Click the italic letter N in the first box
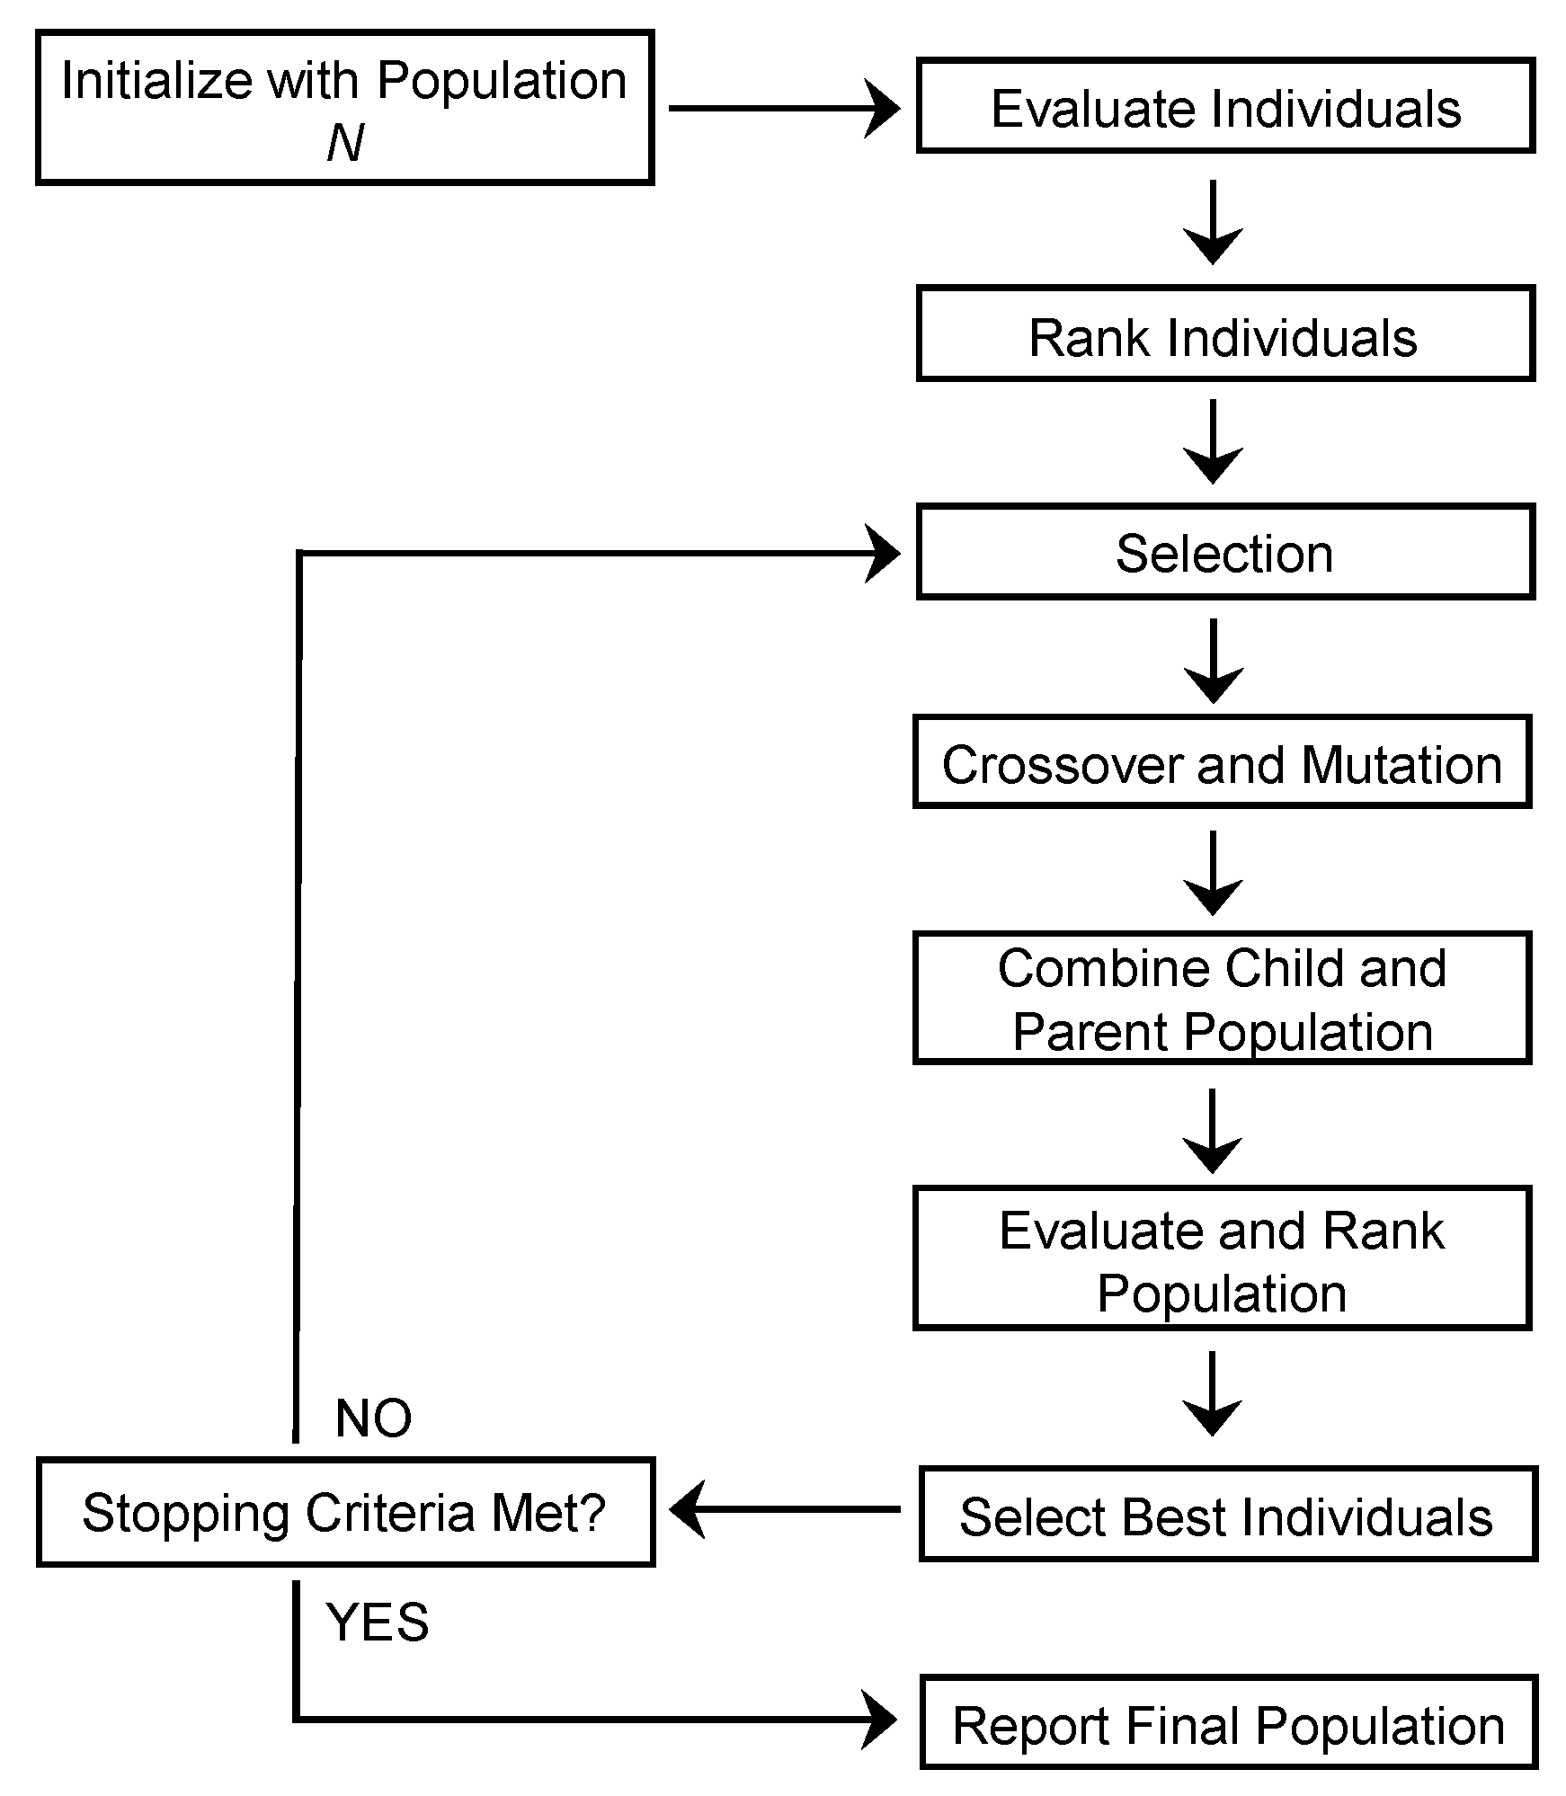pyautogui.click(x=345, y=143)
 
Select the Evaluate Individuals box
pyautogui.click(x=1225, y=106)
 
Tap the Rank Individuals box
pyautogui.click(x=1225, y=334)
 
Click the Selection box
pyautogui.click(x=1225, y=552)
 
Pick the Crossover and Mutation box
pyautogui.click(x=1222, y=762)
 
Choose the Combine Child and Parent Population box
pyautogui.click(x=1222, y=999)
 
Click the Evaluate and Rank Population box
pyautogui.click(x=1222, y=1258)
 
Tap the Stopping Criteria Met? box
pyautogui.click(x=345, y=1512)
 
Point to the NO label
pyautogui.click(x=373, y=1418)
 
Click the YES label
pyautogui.click(x=378, y=1622)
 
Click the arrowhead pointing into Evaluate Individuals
pyautogui.click(x=883, y=109)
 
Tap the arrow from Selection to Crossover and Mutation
pyautogui.click(x=1214, y=662)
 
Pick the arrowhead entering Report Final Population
pyautogui.click(x=880, y=1720)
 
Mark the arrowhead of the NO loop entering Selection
pyautogui.click(x=883, y=554)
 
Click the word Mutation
pyautogui.click(x=1401, y=764)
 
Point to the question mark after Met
pyautogui.click(x=590, y=1512)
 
